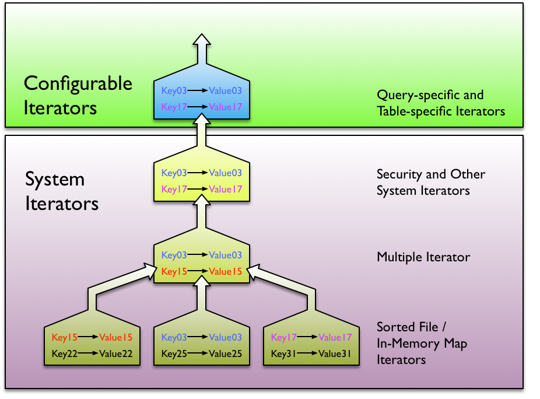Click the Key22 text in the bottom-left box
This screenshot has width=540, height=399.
click(64, 353)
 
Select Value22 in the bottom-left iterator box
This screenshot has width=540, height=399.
click(115, 353)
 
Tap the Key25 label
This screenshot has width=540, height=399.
click(173, 353)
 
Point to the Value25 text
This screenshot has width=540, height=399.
click(225, 353)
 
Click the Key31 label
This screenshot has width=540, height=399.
click(283, 353)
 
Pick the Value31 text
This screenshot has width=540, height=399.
click(335, 353)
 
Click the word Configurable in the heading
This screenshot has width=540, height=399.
click(78, 84)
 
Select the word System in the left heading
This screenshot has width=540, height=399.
click(54, 179)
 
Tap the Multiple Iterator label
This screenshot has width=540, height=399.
click(423, 257)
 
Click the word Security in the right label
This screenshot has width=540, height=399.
click(398, 174)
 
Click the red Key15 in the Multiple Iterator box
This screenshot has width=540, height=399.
click(173, 272)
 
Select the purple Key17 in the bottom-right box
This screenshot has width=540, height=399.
click(283, 337)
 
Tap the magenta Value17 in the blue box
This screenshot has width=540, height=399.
click(225, 107)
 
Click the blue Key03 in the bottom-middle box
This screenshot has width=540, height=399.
click(173, 337)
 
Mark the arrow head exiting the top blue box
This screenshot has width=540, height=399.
click(202, 41)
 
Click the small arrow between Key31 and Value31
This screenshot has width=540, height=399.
click(308, 353)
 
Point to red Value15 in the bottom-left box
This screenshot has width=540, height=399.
click(115, 337)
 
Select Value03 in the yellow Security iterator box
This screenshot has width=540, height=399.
click(225, 173)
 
